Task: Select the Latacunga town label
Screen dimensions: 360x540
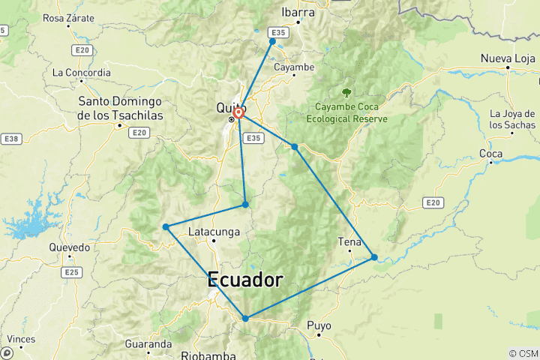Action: pos(214,232)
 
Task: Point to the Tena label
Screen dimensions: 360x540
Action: pos(349,242)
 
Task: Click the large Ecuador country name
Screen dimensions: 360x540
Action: pos(245,280)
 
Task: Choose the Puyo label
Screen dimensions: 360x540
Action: pos(319,326)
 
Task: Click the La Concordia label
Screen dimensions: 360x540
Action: pos(82,73)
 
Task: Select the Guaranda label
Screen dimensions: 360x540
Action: pos(149,344)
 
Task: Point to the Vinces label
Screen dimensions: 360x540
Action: pos(20,339)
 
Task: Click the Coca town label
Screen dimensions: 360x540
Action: pos(490,154)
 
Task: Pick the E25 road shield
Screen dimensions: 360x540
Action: pos(71,272)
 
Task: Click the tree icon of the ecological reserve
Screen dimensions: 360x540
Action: pos(346,92)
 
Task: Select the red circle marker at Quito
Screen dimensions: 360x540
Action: pos(238,112)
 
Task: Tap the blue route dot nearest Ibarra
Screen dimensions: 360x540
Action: pos(272,41)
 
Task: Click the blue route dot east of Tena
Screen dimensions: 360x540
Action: pos(374,257)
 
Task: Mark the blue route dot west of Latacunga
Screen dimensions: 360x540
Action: pos(165,226)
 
